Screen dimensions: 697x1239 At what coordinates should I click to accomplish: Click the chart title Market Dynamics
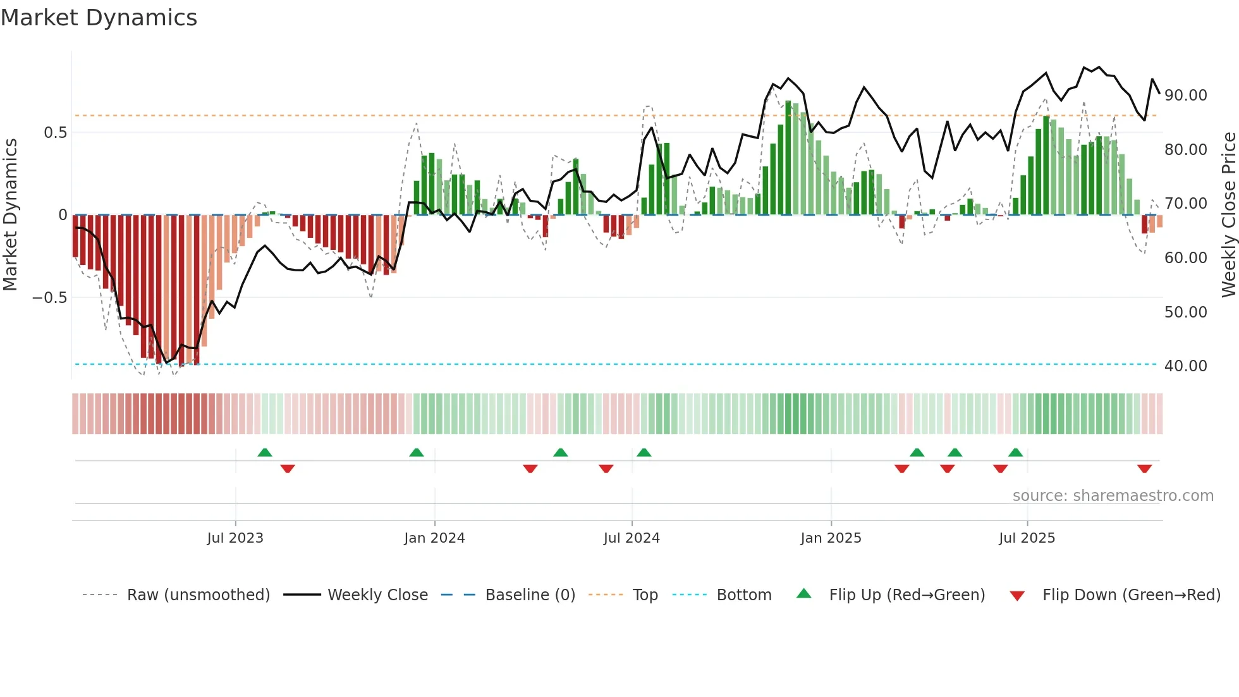pos(99,18)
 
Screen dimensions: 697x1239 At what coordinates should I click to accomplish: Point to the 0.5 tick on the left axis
pos(55,133)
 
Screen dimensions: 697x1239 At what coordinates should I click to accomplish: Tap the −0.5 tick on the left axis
pos(49,298)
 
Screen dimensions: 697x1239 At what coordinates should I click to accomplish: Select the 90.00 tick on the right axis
pos(1185,96)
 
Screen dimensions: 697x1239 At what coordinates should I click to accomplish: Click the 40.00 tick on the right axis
pos(1185,366)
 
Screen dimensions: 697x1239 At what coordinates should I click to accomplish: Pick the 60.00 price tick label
pos(1185,258)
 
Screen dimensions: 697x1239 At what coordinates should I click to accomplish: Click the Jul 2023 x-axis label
pos(235,538)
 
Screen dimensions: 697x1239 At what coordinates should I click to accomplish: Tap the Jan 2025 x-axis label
pos(831,538)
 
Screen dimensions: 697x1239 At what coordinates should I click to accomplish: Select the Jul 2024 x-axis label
pos(632,538)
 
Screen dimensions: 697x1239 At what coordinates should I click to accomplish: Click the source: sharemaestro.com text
pos(1113,496)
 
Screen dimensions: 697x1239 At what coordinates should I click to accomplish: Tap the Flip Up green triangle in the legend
pos(803,594)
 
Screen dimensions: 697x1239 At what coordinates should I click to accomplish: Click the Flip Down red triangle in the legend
pos(1017,596)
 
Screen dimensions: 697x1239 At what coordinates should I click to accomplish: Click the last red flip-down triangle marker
pos(1144,469)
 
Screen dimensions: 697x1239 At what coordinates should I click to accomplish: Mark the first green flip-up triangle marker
pos(265,452)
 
